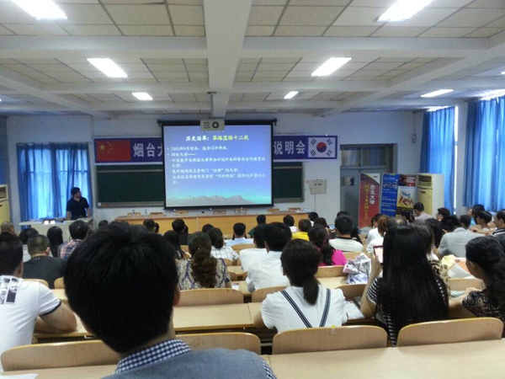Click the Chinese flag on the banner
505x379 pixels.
tap(112, 150)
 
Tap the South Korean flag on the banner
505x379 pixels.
tap(322, 147)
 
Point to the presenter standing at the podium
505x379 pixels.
tap(77, 204)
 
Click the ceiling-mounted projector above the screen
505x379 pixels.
tap(212, 125)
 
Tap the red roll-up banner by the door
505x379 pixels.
tap(369, 199)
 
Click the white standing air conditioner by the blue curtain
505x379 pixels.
tap(430, 193)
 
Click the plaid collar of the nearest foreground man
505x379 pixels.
tap(151, 354)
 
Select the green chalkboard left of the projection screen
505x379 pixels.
tap(129, 184)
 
